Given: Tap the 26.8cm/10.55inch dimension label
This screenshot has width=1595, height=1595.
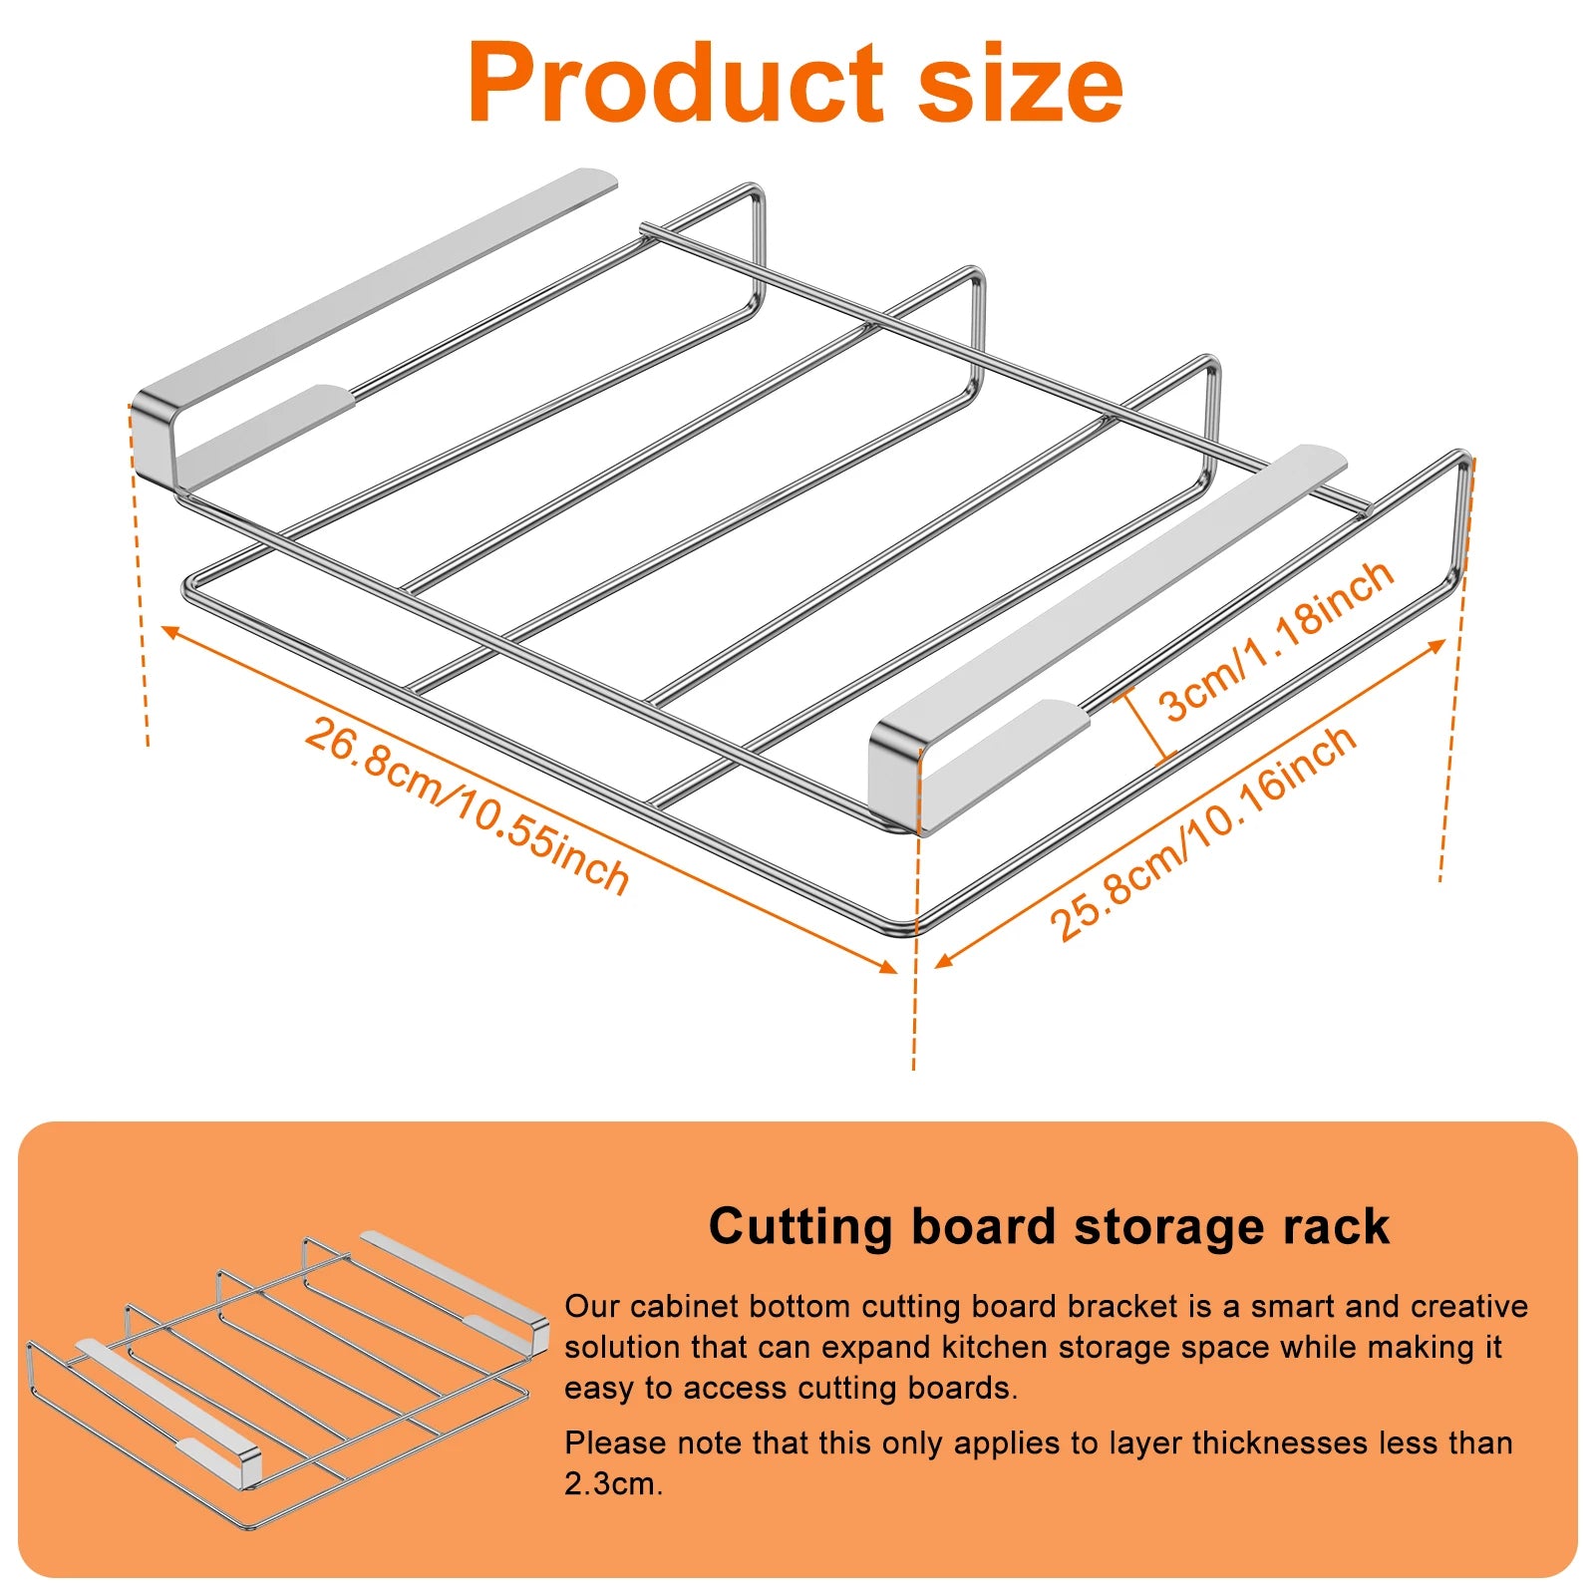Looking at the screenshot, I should point(467,805).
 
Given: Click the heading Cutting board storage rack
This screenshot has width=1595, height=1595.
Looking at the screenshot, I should point(1048,1226).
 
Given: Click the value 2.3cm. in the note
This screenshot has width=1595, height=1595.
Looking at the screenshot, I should point(613,1484).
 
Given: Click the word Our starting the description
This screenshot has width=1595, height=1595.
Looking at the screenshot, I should point(592,1307).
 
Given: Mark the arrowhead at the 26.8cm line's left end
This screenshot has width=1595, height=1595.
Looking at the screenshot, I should point(169,631).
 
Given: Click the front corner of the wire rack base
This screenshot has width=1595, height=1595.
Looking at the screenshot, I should point(915,927).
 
